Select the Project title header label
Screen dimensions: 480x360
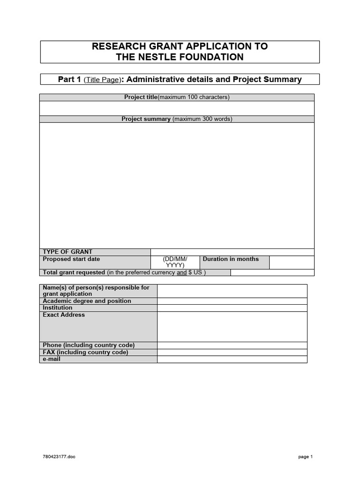click(x=141, y=97)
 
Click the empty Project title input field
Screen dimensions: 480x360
click(x=177, y=108)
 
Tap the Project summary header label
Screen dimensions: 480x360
click(x=146, y=119)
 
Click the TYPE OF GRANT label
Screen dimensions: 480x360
click(x=67, y=252)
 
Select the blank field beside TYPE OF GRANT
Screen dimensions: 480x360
click(x=232, y=252)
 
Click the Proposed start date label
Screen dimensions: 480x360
click(x=71, y=259)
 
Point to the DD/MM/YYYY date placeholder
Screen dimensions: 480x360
click(x=175, y=262)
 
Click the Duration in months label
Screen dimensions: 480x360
click(x=231, y=259)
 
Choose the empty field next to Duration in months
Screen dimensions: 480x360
click(x=292, y=262)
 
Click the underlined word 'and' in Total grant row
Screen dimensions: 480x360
click(x=181, y=272)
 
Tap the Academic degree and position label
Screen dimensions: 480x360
click(x=87, y=301)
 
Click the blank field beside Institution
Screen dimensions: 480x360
click(x=232, y=308)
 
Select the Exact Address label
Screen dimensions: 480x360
click(x=64, y=315)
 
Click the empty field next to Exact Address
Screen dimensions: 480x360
click(x=232, y=326)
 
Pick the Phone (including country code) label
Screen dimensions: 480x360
click(x=89, y=345)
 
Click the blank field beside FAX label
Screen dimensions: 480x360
click(x=232, y=352)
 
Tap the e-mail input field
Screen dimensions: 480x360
click(x=232, y=359)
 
